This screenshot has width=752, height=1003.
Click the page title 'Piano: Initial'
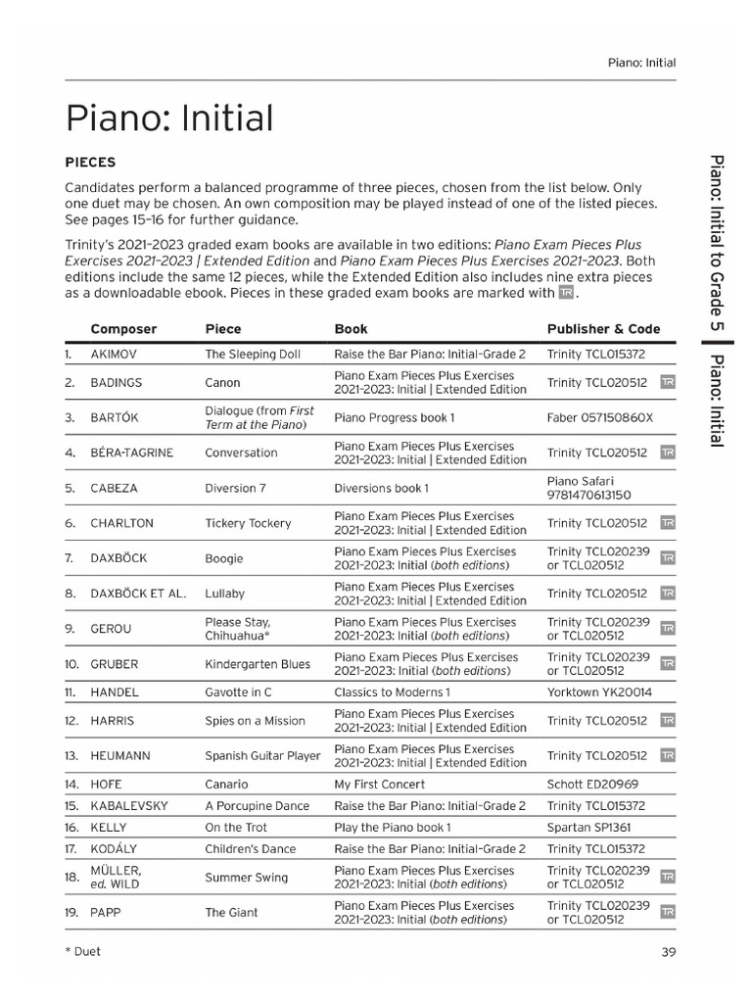pyautogui.click(x=168, y=119)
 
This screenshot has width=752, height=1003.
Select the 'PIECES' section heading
pyautogui.click(x=90, y=162)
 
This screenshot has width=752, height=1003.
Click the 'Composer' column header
pyautogui.click(x=123, y=329)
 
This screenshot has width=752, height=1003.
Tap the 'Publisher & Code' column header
pyautogui.click(x=603, y=329)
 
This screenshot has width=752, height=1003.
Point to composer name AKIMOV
pyautogui.click(x=116, y=355)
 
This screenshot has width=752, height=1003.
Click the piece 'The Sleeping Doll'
pyautogui.click(x=253, y=355)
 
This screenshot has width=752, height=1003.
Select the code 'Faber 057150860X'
pyautogui.click(x=599, y=417)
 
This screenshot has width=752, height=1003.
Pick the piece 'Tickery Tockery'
pyautogui.click(x=248, y=523)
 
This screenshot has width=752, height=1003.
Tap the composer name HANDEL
pyautogui.click(x=115, y=692)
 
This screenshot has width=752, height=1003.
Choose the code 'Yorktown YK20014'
pyautogui.click(x=599, y=692)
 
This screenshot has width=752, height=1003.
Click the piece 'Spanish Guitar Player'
pyautogui.click(x=262, y=756)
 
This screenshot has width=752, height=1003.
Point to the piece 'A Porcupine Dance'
pyautogui.click(x=257, y=806)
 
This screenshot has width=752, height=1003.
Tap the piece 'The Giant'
pyautogui.click(x=231, y=913)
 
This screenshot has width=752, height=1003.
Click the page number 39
pyautogui.click(x=668, y=951)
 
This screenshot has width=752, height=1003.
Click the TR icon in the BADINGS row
pyautogui.click(x=668, y=382)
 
